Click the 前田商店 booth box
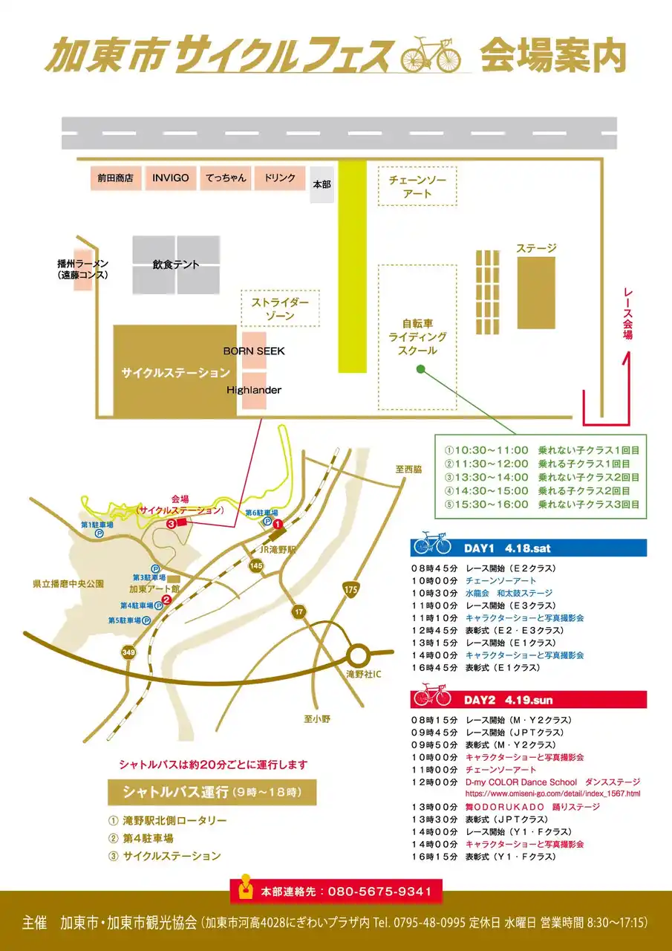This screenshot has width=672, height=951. click(115, 178)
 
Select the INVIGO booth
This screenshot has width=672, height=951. click(170, 178)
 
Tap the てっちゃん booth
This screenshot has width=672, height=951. click(226, 178)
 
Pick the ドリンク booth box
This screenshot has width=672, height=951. click(280, 178)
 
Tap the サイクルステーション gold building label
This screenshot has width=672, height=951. click(175, 372)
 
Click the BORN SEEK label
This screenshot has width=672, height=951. click(254, 351)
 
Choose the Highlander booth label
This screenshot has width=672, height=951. click(254, 389)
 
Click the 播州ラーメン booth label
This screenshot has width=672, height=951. click(82, 270)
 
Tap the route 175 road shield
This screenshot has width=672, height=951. click(350, 589)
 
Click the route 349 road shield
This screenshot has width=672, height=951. click(129, 652)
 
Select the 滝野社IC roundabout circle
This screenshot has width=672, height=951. click(359, 656)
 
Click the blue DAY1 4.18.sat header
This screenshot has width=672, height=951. click(528, 548)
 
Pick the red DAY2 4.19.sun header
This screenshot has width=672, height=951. click(528, 700)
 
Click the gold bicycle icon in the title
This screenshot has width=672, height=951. click(430, 56)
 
